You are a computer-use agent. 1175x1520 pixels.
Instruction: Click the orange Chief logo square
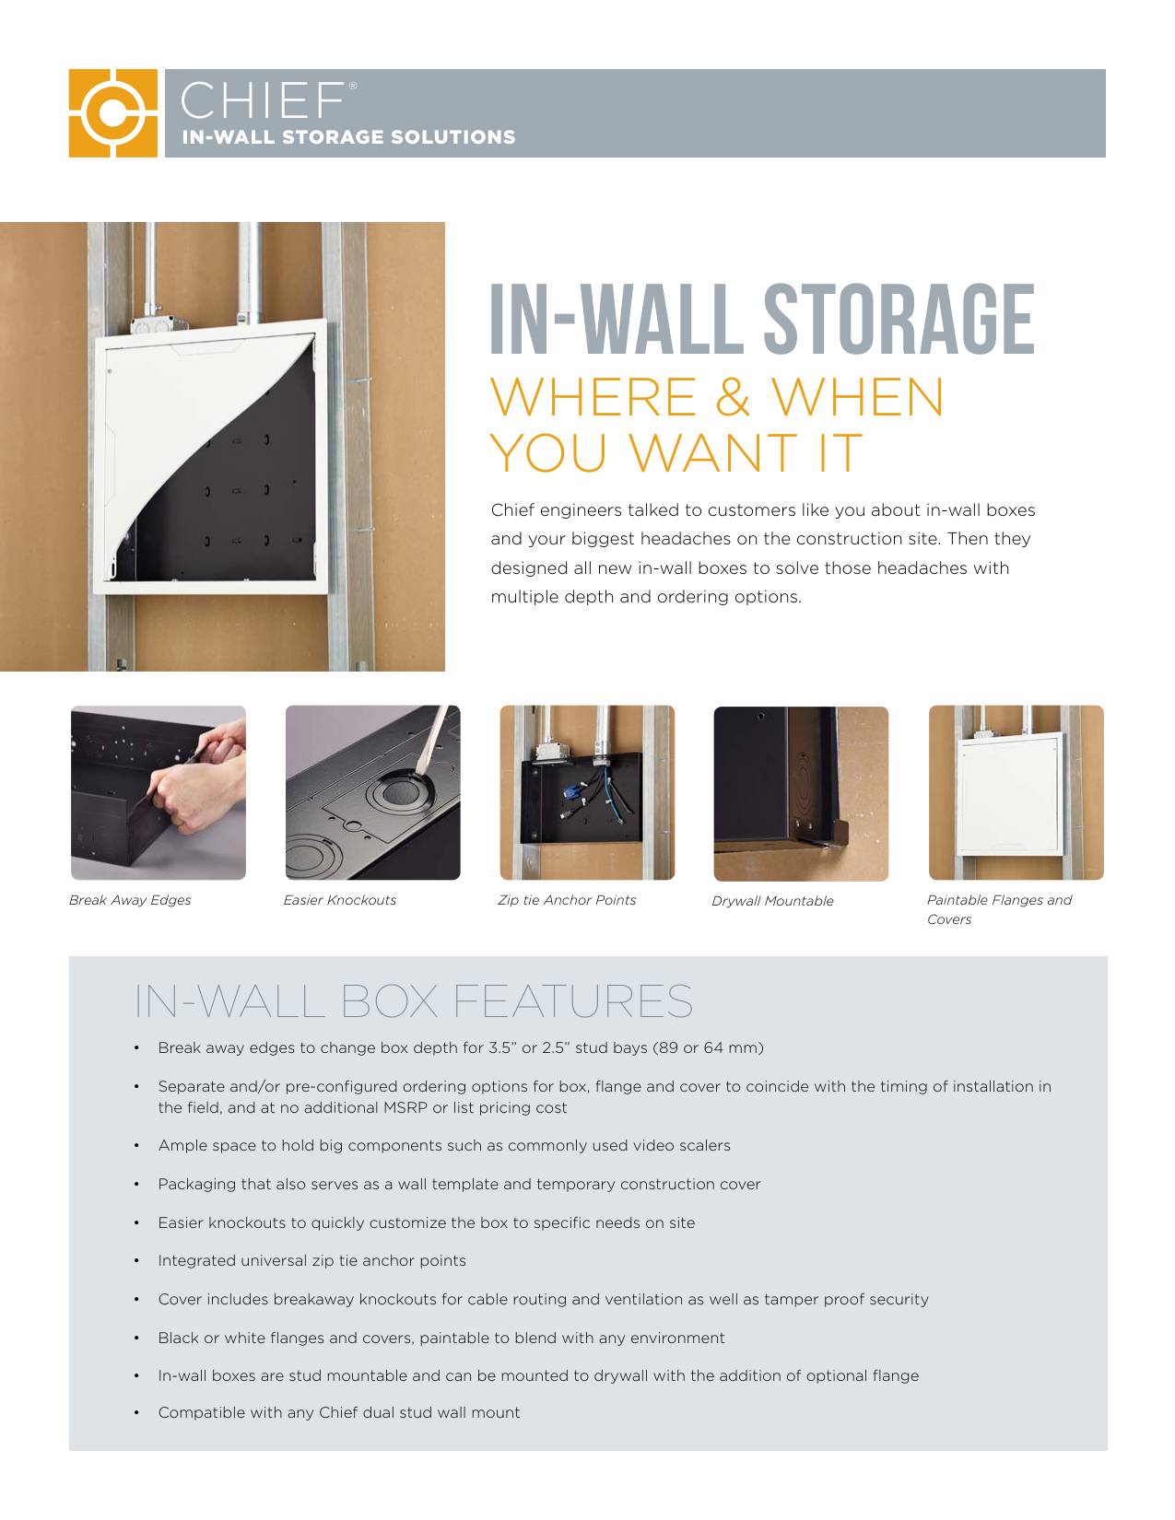pyautogui.click(x=112, y=112)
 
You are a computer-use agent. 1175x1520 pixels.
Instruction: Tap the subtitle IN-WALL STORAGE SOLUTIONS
pyautogui.click(x=348, y=137)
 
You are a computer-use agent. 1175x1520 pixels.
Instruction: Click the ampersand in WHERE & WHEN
pyautogui.click(x=733, y=397)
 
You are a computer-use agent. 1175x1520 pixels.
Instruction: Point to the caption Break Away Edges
pyautogui.click(x=130, y=900)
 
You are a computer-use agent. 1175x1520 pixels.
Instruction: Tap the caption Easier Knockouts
pyautogui.click(x=339, y=900)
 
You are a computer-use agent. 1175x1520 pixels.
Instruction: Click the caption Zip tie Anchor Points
pyautogui.click(x=567, y=900)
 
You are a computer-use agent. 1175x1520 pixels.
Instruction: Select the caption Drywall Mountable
pyautogui.click(x=772, y=901)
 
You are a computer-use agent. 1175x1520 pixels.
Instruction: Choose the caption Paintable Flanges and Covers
pyautogui.click(x=999, y=909)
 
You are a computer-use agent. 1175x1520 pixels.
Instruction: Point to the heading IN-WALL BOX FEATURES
pyautogui.click(x=414, y=1001)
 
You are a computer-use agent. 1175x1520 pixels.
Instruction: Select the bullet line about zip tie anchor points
pyautogui.click(x=312, y=1260)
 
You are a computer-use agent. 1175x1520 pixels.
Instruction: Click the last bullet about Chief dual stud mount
pyautogui.click(x=339, y=1412)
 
